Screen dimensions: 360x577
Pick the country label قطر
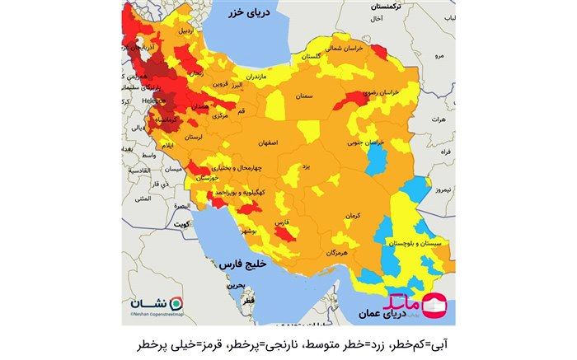[x=248, y=302]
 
